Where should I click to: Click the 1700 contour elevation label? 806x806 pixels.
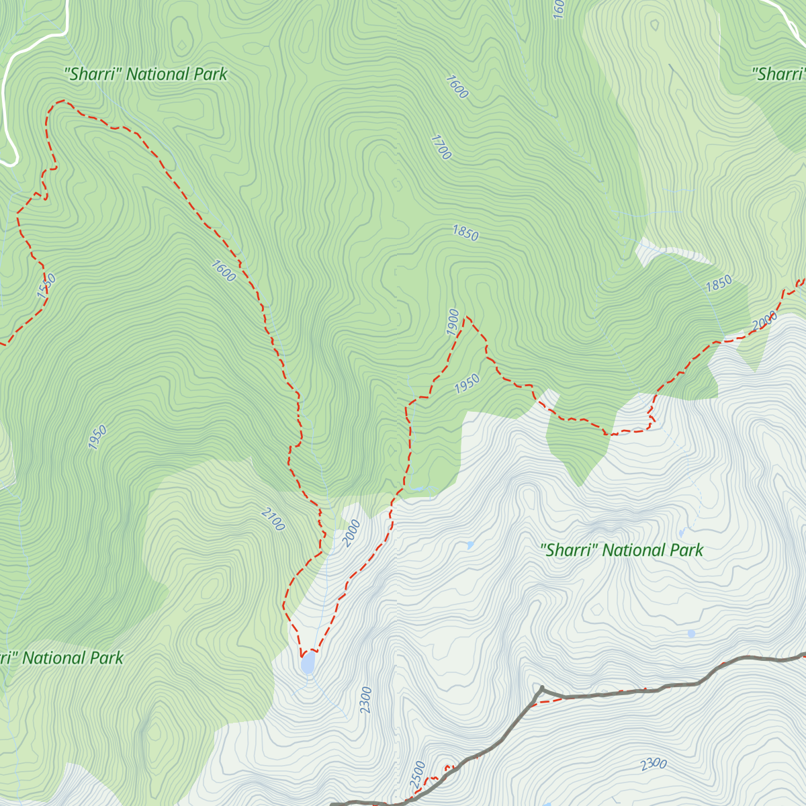441,147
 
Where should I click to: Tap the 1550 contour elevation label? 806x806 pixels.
46,286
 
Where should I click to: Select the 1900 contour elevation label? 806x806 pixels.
453,322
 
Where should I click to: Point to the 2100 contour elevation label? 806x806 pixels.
273,519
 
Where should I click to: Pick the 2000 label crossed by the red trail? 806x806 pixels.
765,321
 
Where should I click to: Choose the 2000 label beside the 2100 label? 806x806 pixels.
351,533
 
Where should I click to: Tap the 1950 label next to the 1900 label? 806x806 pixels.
467,384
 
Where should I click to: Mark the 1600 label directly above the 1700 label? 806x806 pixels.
456,87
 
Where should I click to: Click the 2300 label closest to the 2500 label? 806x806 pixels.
366,700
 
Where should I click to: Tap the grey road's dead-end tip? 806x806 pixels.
541,688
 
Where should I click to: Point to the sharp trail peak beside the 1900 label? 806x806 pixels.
465,316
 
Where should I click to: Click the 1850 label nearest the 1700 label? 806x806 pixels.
465,233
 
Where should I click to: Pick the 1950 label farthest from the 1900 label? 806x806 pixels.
97,437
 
